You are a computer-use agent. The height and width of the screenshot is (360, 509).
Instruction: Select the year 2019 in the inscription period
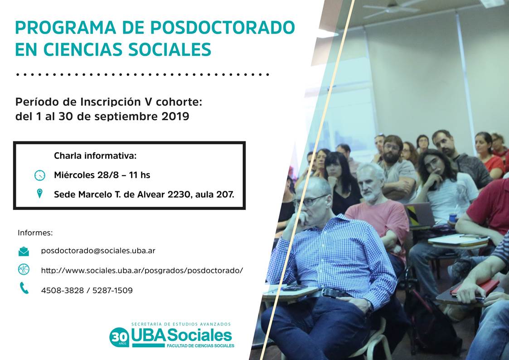click(175, 116)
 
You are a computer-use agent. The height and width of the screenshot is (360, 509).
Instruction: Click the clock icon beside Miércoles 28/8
click(39, 175)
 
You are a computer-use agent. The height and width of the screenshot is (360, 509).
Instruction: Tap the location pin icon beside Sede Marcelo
click(39, 194)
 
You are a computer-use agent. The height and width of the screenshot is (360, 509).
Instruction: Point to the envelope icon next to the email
click(24, 251)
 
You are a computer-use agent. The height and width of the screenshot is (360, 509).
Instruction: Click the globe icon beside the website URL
click(24, 269)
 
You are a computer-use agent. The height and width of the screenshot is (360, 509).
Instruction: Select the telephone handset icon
click(24, 288)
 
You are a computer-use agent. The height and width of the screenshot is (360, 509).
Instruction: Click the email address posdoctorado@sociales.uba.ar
click(98, 251)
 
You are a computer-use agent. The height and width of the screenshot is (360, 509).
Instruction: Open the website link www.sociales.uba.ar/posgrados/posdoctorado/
click(142, 270)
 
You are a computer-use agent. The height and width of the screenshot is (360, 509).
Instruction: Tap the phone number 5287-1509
click(113, 290)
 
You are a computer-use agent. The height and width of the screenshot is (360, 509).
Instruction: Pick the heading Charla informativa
click(95, 156)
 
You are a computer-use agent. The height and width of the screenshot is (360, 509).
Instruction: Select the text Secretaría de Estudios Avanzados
click(181, 324)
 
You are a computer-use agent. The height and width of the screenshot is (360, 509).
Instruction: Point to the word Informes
click(35, 233)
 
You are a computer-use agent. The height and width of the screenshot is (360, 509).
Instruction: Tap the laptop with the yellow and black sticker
click(419, 215)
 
